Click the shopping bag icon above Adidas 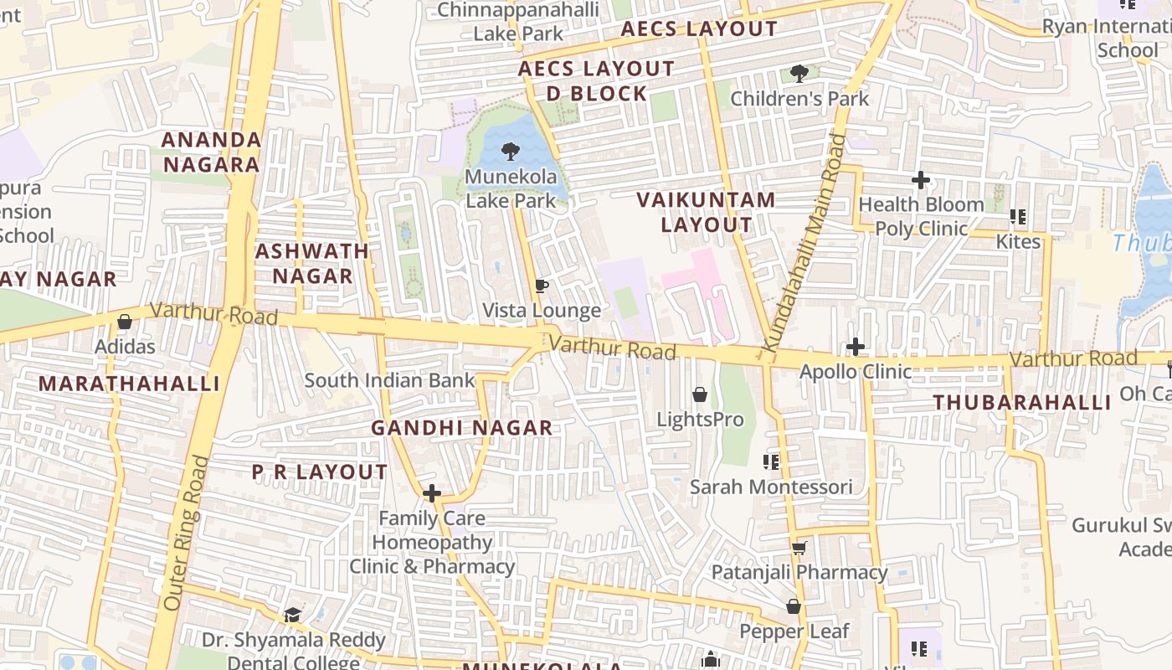coord(125,322)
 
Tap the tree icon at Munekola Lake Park coord(510,152)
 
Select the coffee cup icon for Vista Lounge coord(542,286)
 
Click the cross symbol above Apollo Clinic coord(856,347)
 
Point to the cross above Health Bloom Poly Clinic coord(921,180)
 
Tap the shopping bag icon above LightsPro coord(700,394)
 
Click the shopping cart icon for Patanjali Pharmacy coord(799,549)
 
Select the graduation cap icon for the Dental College coord(292,616)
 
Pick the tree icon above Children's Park coord(799,74)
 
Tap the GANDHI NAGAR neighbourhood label coord(462,428)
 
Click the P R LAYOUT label coord(320,472)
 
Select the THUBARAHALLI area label coord(1022,402)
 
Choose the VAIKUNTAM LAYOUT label coord(707,213)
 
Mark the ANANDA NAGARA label coord(211,152)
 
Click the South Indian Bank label coord(389,380)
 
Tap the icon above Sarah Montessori coord(771,461)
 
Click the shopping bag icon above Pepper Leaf coord(794,606)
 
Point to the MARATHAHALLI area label coord(129,384)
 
